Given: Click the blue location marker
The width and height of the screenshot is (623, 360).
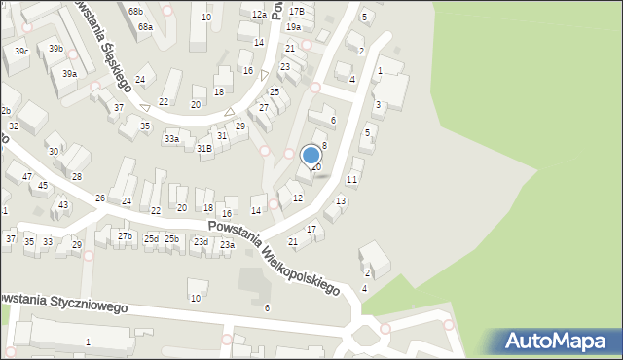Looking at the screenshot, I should [x=311, y=156].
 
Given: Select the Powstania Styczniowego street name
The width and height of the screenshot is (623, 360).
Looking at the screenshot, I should [x=64, y=302].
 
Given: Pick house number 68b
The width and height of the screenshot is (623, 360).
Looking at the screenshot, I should [x=135, y=11].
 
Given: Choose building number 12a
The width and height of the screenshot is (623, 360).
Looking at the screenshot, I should [x=258, y=15].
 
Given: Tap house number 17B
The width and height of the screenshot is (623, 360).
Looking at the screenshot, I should [x=296, y=11].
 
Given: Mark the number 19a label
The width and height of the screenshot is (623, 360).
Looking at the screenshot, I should [x=293, y=27].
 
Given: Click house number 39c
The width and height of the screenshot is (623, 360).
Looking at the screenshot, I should [x=21, y=51].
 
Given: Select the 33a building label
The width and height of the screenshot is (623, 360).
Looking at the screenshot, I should [x=171, y=140].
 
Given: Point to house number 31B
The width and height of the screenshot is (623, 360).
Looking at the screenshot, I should [x=203, y=149].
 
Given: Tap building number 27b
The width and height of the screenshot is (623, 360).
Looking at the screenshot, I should [x=125, y=236].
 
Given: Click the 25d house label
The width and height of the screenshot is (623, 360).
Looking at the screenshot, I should [x=151, y=238].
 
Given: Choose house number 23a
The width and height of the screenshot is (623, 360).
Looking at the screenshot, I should [x=227, y=245].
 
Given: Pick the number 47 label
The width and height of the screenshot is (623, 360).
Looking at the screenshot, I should [x=27, y=176].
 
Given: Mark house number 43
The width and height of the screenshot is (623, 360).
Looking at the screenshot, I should [x=63, y=204].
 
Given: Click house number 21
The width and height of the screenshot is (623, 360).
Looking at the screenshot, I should [x=293, y=241].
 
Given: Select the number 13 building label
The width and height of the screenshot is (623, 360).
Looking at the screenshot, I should [x=340, y=200].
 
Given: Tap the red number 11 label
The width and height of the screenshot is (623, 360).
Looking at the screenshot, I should [x=352, y=180].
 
